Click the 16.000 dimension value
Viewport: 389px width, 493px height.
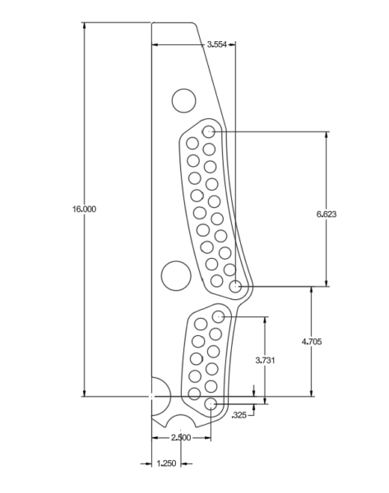(x=84, y=210)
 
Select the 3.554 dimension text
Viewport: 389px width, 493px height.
(x=217, y=44)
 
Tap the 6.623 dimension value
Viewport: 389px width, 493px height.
(x=327, y=214)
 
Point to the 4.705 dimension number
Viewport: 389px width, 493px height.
(x=312, y=341)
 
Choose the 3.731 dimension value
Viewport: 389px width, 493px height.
(x=265, y=360)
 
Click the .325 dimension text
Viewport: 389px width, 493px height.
(x=239, y=415)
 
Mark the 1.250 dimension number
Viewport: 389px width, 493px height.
(x=166, y=463)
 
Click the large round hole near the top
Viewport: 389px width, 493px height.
(x=183, y=101)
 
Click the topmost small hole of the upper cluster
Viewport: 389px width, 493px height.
(x=209, y=131)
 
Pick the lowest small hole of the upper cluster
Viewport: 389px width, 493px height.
(x=236, y=287)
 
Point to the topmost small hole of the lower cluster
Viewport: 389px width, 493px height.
(x=219, y=316)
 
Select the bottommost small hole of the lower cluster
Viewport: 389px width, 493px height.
(x=211, y=403)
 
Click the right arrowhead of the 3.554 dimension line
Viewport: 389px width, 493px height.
(x=233, y=44)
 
